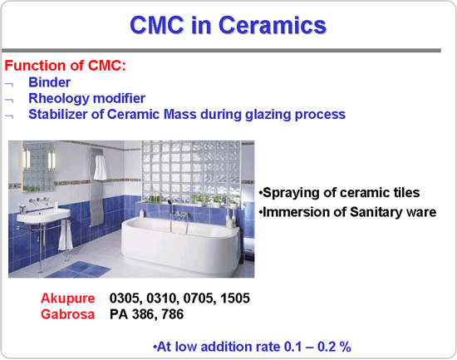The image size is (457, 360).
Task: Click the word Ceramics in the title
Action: click(x=273, y=25)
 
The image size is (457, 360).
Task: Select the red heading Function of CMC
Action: click(x=65, y=66)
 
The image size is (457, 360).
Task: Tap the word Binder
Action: click(x=49, y=82)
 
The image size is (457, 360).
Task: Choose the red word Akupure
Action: click(x=67, y=298)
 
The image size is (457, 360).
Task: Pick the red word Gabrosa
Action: click(x=67, y=314)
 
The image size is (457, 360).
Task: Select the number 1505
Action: click(x=235, y=298)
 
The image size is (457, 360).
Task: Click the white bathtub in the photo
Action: click(x=180, y=245)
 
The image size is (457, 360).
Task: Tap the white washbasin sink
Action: click(x=43, y=215)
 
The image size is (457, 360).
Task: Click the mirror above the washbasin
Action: click(x=39, y=166)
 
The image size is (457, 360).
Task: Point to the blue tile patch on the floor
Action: click(x=79, y=269)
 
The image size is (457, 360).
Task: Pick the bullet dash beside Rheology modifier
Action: click(x=9, y=100)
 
